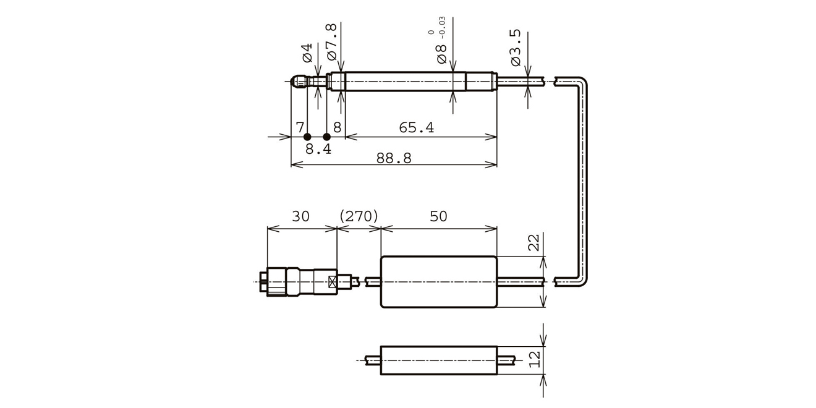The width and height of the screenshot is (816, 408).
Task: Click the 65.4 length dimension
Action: [416, 128]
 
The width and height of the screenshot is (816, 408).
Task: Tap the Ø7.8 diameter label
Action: [331, 42]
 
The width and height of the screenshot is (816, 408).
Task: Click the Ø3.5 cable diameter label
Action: [517, 48]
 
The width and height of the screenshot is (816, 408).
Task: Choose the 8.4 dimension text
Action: [318, 149]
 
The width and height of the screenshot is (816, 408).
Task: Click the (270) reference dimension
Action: [359, 216]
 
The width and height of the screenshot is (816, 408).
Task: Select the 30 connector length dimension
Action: [300, 216]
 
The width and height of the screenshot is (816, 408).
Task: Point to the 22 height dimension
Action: [535, 242]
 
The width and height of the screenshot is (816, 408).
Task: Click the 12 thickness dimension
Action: [535, 358]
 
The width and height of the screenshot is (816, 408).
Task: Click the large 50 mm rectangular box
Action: [438, 281]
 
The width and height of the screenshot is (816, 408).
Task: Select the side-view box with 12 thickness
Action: [438, 360]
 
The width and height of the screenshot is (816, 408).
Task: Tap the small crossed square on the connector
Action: [333, 283]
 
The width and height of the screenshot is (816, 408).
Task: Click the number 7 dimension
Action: [300, 128]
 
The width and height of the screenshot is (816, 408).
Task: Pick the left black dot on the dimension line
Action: [307, 137]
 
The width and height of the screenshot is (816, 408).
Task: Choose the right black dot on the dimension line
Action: [327, 137]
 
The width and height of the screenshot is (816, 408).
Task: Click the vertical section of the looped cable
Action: [583, 179]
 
